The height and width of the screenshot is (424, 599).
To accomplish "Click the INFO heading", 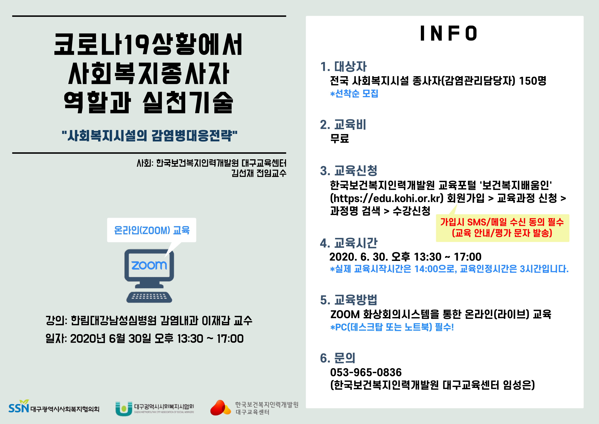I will tap(449, 33).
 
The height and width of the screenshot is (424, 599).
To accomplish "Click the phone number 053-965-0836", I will tap(366, 372).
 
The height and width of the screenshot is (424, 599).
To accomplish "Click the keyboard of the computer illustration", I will tap(149, 297).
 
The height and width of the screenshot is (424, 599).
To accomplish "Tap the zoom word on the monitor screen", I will tap(149, 265).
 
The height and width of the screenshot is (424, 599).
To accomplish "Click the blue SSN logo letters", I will tap(18, 408).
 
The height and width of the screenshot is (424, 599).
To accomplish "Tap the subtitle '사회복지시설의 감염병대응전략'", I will tap(149, 136).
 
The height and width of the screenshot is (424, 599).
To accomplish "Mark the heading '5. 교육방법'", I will tap(349, 300).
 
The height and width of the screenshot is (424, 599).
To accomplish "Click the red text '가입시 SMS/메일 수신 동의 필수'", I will tap(502, 222).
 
